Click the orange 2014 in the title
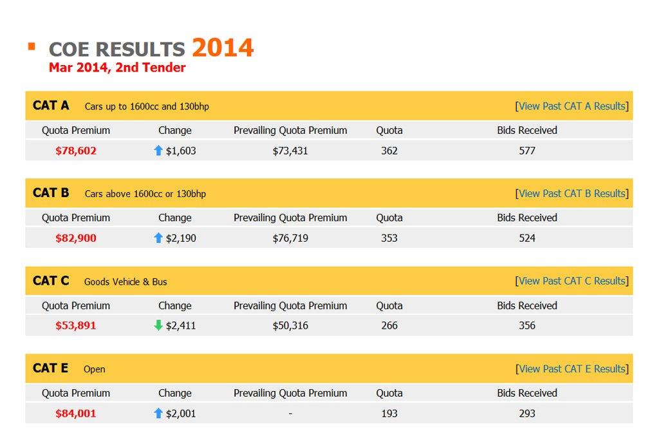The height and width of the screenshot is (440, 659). pyautogui.click(x=223, y=48)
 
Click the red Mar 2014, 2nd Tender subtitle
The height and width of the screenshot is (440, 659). pyautogui.click(x=117, y=68)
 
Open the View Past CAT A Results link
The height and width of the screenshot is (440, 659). pyautogui.click(x=572, y=106)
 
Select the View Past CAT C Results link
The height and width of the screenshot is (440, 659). pyautogui.click(x=572, y=281)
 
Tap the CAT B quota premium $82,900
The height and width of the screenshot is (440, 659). pyautogui.click(x=76, y=238)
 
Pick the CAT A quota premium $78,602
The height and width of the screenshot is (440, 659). pyautogui.click(x=76, y=151)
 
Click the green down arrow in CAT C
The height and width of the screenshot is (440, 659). pyautogui.click(x=158, y=325)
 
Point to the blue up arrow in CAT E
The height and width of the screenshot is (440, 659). pyautogui.click(x=158, y=413)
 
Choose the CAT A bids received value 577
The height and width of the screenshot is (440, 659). pyautogui.click(x=527, y=151)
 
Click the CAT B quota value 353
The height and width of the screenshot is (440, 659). pyautogui.click(x=389, y=238)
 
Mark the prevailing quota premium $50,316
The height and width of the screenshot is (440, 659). pyautogui.click(x=290, y=326)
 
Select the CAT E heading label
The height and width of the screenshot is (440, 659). pyautogui.click(x=50, y=368)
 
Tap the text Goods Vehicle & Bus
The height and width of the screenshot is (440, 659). pyautogui.click(x=125, y=282)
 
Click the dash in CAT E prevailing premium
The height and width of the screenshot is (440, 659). pyautogui.click(x=290, y=414)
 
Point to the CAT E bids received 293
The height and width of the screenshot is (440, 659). pyautogui.click(x=527, y=414)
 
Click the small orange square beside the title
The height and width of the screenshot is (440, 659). pyautogui.click(x=32, y=46)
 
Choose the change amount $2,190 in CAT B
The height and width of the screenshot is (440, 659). pyautogui.click(x=181, y=238)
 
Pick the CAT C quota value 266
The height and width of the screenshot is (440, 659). pyautogui.click(x=389, y=326)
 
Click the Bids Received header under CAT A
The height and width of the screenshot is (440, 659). pyautogui.click(x=527, y=130)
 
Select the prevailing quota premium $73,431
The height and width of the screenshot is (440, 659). pyautogui.click(x=290, y=151)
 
